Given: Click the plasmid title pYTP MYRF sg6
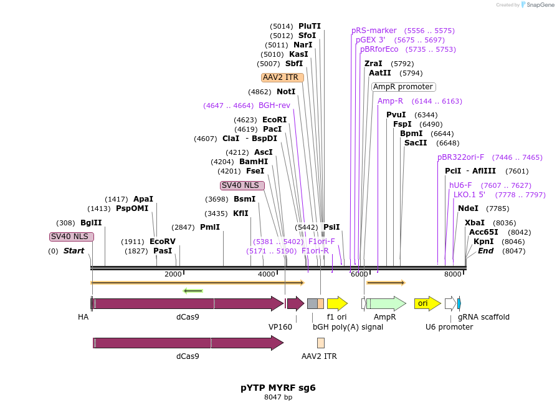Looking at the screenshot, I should click(x=278, y=387).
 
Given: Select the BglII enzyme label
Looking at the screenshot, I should click(x=91, y=223).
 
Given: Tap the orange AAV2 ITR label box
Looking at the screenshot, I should click(x=282, y=77).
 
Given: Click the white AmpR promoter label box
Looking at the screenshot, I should click(x=403, y=87).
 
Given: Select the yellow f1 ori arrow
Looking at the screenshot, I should click(x=337, y=303).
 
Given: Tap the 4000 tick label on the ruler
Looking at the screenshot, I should click(x=267, y=274).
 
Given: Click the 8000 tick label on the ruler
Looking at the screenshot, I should click(x=452, y=274).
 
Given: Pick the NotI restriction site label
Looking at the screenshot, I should click(x=286, y=92).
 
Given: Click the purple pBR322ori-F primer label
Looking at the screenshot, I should click(x=460, y=157).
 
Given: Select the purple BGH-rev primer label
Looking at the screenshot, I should click(x=274, y=105).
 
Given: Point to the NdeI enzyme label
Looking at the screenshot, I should click(x=468, y=208).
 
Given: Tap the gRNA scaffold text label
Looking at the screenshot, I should click(x=483, y=317).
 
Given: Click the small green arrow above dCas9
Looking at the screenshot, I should click(x=193, y=290).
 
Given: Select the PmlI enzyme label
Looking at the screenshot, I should click(x=210, y=227).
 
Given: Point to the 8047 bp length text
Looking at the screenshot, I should click(x=278, y=398).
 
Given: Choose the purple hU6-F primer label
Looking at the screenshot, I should click(x=460, y=185).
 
